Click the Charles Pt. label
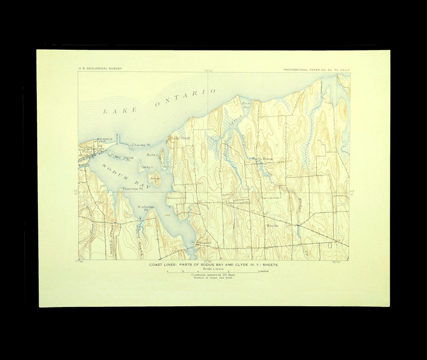(141, 145)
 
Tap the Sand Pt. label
(128, 158)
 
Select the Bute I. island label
(153, 155)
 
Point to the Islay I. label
(147, 167)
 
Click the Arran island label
(155, 179)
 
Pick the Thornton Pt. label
(133, 189)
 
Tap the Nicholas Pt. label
(146, 208)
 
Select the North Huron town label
(263, 159)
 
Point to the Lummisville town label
(238, 202)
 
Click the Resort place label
(205, 243)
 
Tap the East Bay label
(246, 105)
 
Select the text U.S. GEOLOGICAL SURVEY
(100, 69)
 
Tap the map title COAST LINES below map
(213, 265)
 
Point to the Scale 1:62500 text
(213, 269)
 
